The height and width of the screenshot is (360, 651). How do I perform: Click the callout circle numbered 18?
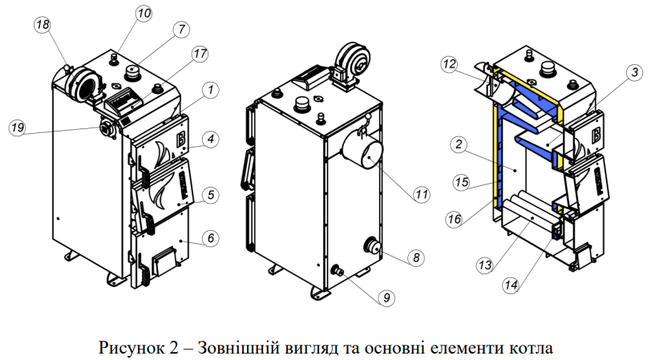(x=42, y=25)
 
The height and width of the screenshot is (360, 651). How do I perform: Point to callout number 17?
(x=200, y=55)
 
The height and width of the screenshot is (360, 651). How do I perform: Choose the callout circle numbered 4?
(x=209, y=140)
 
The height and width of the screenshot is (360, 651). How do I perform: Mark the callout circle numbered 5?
(x=209, y=194)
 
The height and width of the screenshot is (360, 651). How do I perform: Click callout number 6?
(x=209, y=238)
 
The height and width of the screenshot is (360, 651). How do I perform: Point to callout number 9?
(x=386, y=297)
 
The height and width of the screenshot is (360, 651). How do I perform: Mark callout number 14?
(x=511, y=285)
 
